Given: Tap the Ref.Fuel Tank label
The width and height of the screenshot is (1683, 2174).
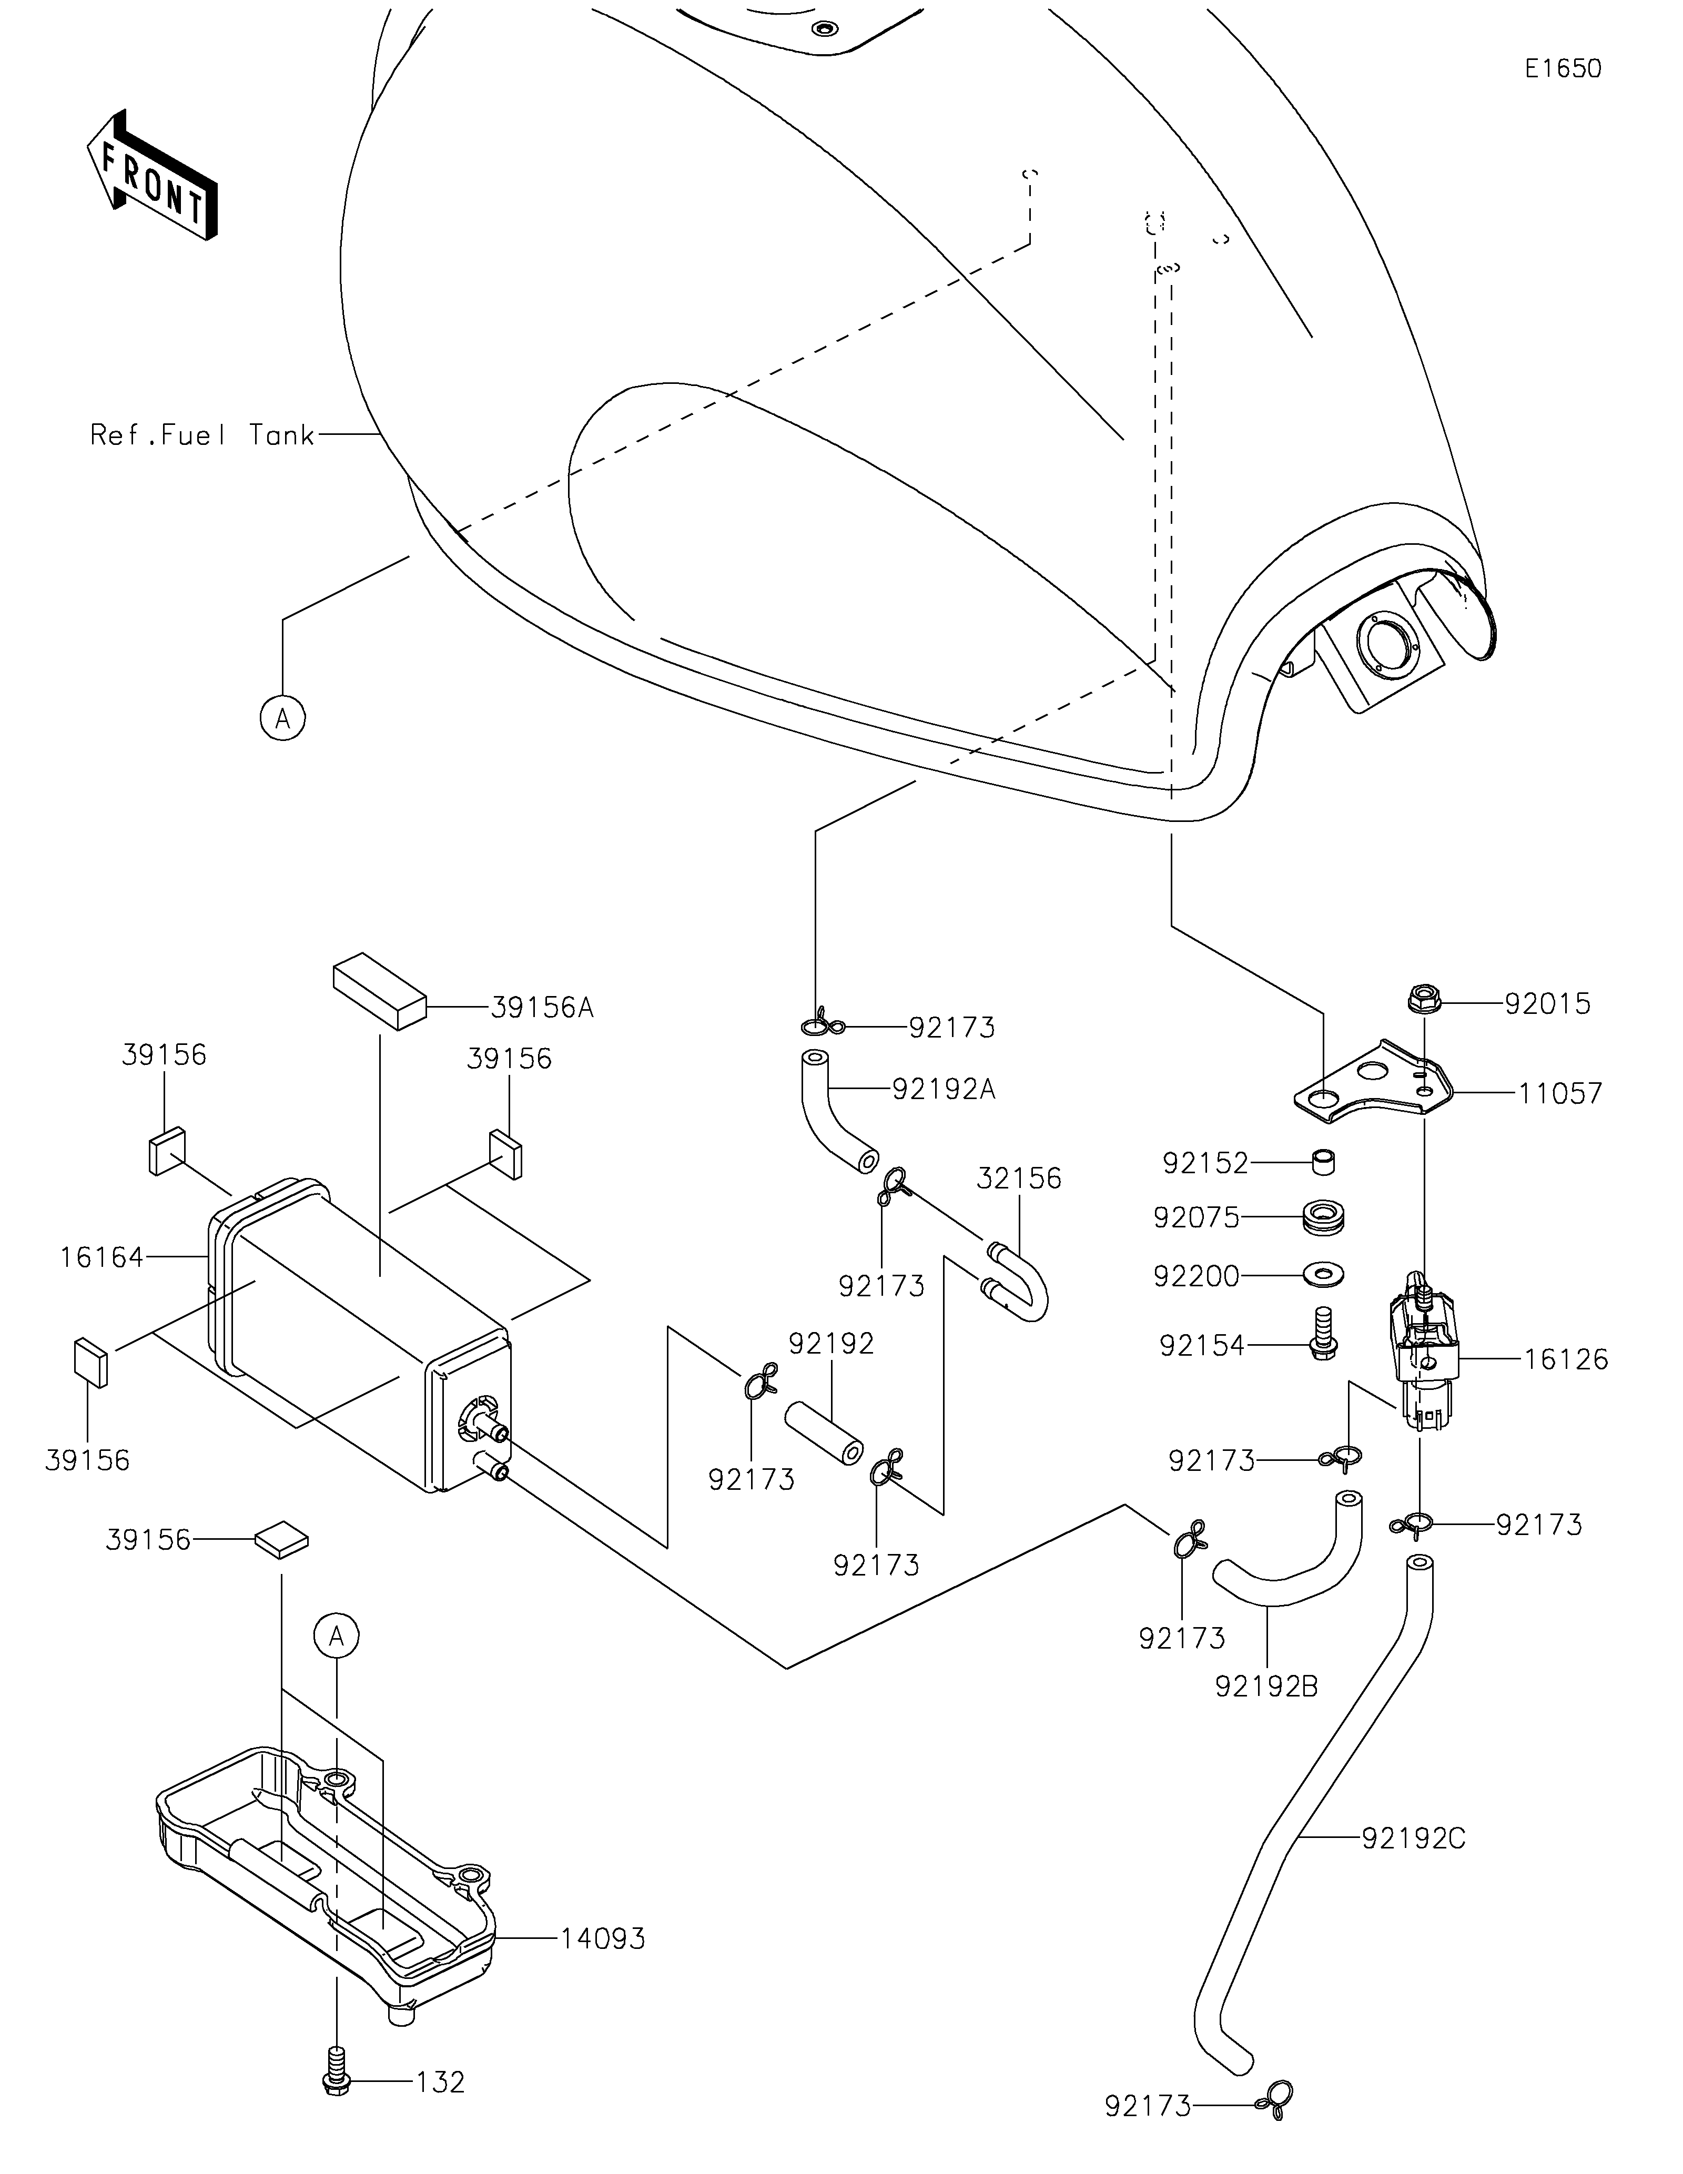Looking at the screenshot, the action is [202, 435].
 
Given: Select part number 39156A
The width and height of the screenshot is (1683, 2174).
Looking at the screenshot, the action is [542, 1008].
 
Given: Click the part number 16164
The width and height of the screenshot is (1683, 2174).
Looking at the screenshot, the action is [102, 1257].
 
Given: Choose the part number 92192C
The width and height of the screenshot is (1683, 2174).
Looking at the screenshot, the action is [1413, 1838].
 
